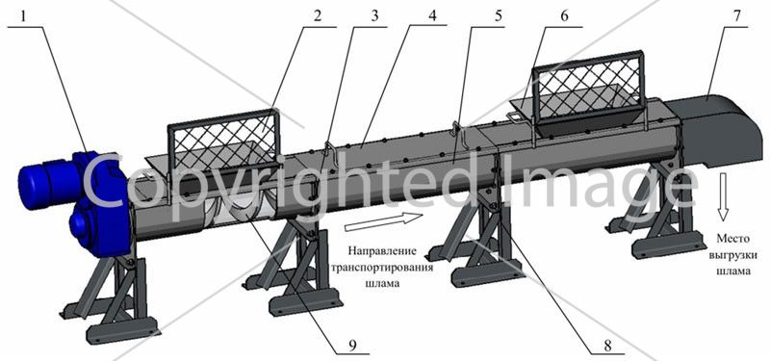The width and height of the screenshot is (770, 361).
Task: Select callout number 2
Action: pos(317,15)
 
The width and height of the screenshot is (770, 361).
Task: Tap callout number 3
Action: pos(374,15)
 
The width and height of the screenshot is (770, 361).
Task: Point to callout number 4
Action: pos(432,15)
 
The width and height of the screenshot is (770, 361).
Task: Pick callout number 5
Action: pos(498,15)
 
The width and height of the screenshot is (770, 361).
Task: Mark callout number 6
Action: pos(564,15)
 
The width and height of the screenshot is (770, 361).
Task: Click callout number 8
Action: pos(608,346)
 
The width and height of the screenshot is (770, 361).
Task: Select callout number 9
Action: pos(351,346)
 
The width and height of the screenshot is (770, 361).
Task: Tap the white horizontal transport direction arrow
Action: pos(383,221)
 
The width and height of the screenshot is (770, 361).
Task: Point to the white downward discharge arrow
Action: pos(723,197)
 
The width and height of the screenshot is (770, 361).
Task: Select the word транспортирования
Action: pos(383,268)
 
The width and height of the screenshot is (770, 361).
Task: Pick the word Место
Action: pos(732,239)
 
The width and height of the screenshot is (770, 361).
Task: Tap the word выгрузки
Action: pos(732,255)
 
